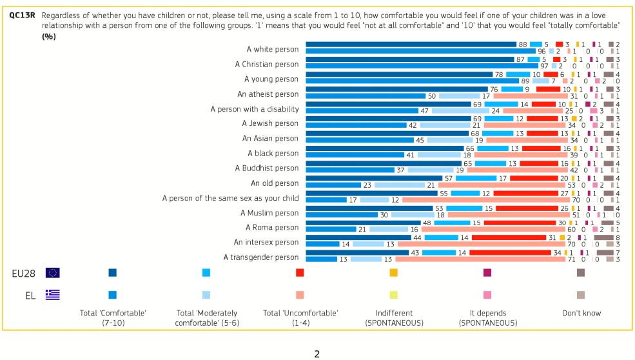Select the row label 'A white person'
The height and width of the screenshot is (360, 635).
[x=273, y=49]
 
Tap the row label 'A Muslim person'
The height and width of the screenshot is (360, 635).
[x=269, y=213]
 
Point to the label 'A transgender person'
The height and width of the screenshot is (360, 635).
[x=261, y=257]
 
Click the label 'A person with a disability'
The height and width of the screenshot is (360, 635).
[x=255, y=109]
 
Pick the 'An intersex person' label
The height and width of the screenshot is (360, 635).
[x=266, y=243]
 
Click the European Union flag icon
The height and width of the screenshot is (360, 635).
[x=53, y=273]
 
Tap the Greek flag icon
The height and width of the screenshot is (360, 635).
[x=53, y=294]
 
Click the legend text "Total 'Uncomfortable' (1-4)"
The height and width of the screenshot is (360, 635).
[x=300, y=318]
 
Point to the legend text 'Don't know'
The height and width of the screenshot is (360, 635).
[x=581, y=314]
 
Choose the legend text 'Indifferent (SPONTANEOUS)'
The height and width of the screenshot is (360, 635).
[x=394, y=318]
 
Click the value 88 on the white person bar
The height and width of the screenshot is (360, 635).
[x=523, y=44]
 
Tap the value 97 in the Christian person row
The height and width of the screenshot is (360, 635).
[x=544, y=66]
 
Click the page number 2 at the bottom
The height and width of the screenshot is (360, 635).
[x=317, y=354]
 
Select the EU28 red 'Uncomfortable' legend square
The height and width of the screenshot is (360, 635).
[x=300, y=273]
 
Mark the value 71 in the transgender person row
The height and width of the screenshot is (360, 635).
[x=571, y=259]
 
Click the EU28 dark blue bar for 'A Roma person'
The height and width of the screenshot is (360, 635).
[x=363, y=223]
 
